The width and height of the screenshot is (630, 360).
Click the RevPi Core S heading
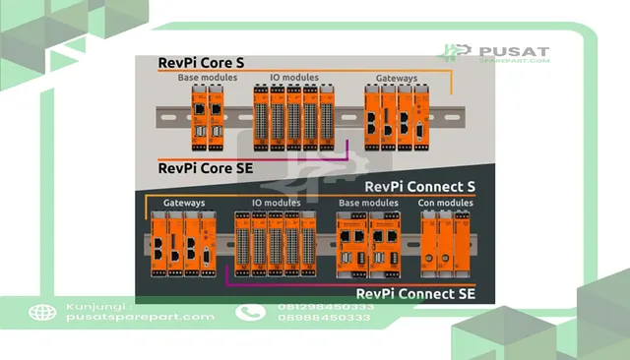(201, 63)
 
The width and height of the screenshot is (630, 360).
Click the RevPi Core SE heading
(206, 168)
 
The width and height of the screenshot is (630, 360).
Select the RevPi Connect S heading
(420, 187)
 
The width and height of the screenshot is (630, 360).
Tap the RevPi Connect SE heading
(415, 294)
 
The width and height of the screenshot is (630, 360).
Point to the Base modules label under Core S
(208, 78)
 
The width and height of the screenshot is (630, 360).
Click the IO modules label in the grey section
(294, 78)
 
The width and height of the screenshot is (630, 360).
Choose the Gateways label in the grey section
(397, 79)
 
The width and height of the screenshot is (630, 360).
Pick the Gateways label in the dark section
(184, 203)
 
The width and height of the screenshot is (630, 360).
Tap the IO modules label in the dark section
(277, 203)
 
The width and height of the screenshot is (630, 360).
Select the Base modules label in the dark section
(368, 203)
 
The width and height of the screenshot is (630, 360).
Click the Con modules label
(446, 203)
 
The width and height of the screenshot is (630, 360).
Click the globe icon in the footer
(42, 313)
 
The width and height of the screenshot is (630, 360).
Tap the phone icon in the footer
(250, 313)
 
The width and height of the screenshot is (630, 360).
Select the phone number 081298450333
(326, 307)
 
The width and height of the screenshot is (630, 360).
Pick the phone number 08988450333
(324, 318)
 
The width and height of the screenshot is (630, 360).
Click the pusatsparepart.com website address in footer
(140, 317)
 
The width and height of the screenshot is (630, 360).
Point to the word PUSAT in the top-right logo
(514, 52)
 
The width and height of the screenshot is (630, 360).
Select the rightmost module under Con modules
(462, 244)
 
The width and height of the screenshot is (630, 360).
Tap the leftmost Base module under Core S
(199, 118)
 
